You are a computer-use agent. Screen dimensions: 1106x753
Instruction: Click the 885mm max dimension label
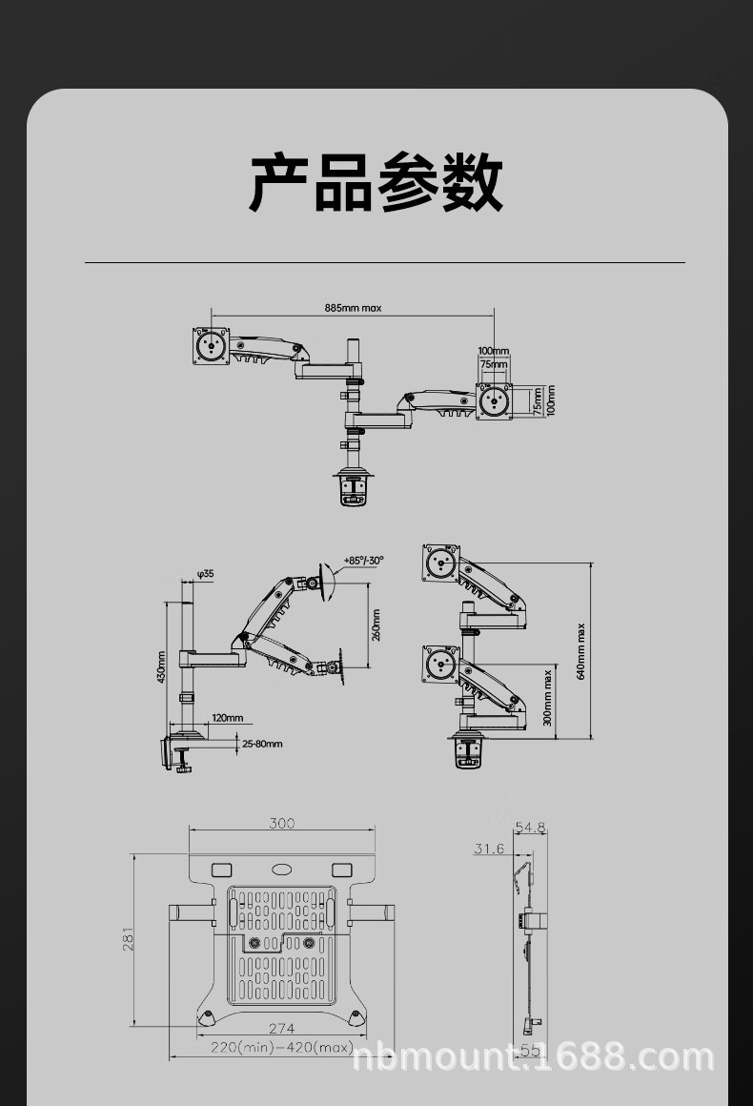(353, 308)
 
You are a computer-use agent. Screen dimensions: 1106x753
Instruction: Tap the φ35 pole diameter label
(205, 574)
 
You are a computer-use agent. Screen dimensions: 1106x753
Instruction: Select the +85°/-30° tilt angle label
(363, 561)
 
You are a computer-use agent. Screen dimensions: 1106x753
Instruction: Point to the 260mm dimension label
(376, 625)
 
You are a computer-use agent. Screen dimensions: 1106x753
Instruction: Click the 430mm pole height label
(161, 666)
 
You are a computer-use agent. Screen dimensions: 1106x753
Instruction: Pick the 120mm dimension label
(227, 718)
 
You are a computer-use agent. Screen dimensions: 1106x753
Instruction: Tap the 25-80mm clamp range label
(262, 744)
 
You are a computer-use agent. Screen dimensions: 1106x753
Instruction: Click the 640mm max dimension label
(580, 651)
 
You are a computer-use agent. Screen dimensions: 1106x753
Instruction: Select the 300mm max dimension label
(547, 697)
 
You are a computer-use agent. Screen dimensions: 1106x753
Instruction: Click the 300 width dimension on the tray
(281, 823)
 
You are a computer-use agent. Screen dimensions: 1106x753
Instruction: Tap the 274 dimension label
(281, 1028)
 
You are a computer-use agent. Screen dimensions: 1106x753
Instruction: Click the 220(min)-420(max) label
(281, 1047)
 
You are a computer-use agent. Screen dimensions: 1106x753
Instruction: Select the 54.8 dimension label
(530, 827)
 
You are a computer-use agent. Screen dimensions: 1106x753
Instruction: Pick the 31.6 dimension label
(489, 849)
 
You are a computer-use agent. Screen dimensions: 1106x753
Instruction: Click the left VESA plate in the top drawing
(211, 345)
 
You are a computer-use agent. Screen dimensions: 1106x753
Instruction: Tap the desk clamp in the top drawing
(354, 485)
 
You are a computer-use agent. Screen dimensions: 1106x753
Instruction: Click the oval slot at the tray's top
(281, 869)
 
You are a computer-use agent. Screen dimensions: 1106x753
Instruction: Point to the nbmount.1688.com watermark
(533, 1057)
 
